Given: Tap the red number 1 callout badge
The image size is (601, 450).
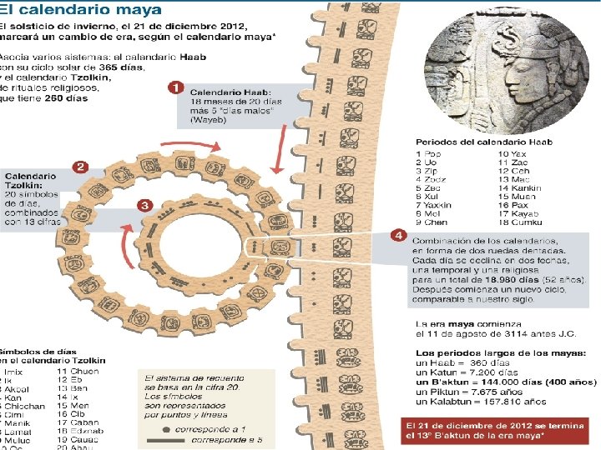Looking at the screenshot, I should pyautogui.click(x=176, y=87).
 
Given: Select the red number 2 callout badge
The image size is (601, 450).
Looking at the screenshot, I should pyautogui.click(x=81, y=167).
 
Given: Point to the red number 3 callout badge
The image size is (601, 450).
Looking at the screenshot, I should pyautogui.click(x=144, y=205).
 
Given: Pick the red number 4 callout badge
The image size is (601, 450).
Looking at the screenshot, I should pyautogui.click(x=399, y=237).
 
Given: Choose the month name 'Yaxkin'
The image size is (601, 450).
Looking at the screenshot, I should pyautogui.click(x=439, y=205).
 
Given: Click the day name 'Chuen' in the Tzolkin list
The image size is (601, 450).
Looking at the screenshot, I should pyautogui.click(x=84, y=371).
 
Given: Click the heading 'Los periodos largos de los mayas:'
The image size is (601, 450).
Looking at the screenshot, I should pyautogui.click(x=501, y=352).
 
